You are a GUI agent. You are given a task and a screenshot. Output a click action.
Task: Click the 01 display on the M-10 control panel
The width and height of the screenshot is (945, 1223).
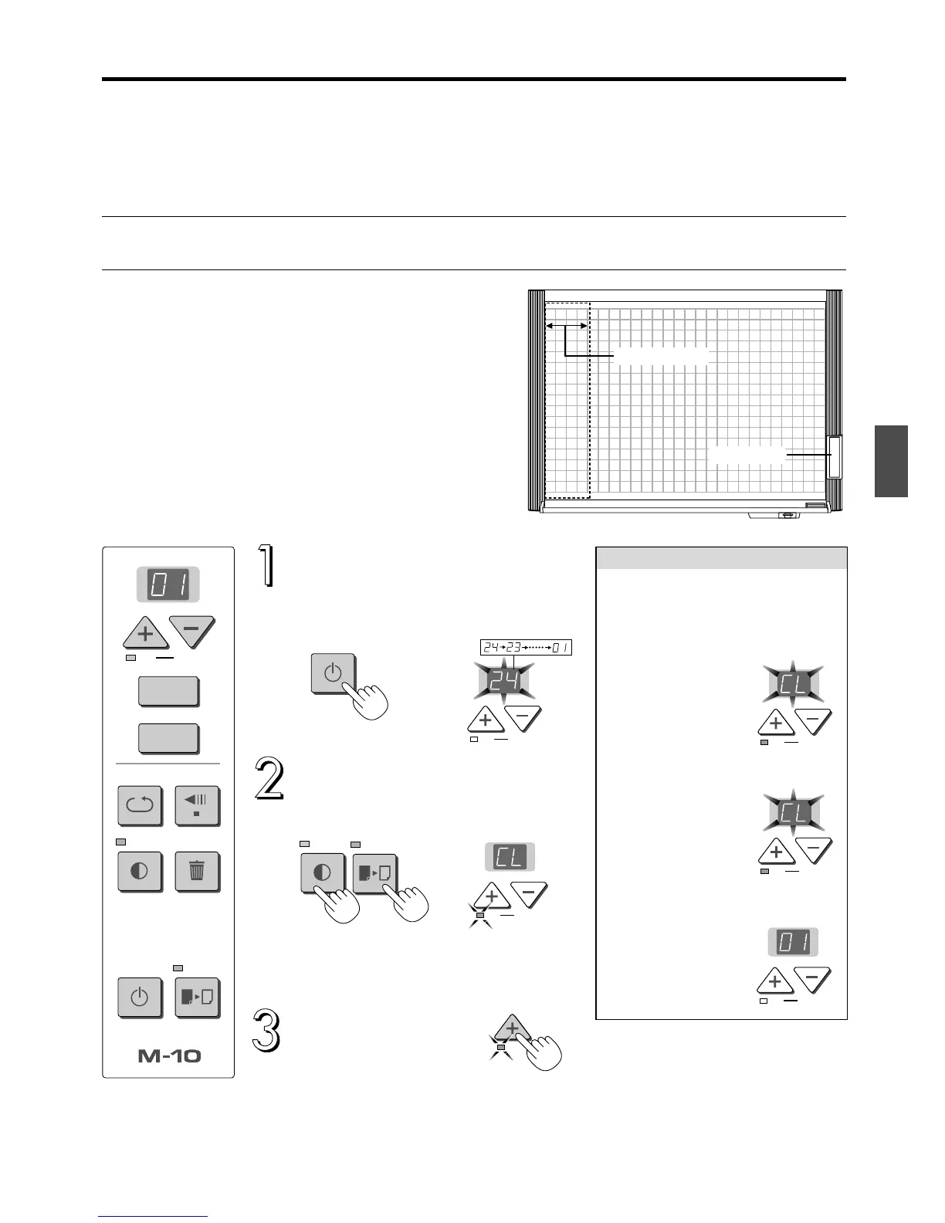[x=168, y=584]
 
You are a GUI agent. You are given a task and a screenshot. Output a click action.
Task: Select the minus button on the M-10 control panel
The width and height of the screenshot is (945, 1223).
[x=191, y=631]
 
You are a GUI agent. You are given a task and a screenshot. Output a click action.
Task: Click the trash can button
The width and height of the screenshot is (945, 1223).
[x=198, y=872]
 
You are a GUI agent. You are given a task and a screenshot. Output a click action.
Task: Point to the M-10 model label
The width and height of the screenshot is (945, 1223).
[x=168, y=1055]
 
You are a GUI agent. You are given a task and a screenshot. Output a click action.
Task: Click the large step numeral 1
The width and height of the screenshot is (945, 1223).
[x=266, y=566]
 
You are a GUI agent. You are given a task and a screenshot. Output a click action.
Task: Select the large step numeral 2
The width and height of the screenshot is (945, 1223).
[x=268, y=781]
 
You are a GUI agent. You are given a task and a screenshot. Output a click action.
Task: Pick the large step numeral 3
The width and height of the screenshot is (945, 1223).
[x=266, y=1030]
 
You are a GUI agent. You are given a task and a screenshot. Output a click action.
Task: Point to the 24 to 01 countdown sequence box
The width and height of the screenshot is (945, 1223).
[x=525, y=648]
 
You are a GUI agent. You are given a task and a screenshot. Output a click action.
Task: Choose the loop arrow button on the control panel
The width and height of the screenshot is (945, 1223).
[x=140, y=806]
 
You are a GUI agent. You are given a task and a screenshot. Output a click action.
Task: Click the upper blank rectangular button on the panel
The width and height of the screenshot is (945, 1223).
[x=168, y=691]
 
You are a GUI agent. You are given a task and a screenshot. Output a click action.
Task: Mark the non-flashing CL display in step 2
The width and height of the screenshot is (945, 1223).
[x=510, y=858]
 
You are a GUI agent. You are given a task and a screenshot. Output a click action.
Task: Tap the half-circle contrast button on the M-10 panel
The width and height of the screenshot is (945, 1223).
[x=140, y=872]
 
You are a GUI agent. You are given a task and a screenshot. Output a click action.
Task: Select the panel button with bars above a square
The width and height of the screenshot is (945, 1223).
[x=198, y=806]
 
